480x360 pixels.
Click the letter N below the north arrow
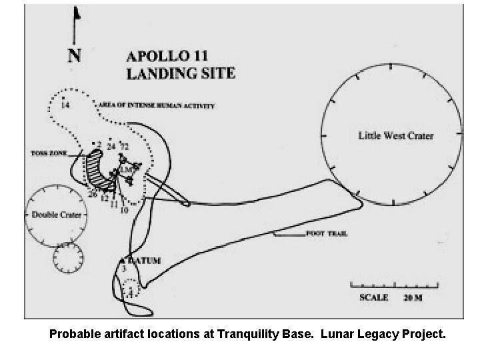point(75,55)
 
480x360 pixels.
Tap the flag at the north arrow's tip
point(77,13)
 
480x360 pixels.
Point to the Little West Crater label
point(396,135)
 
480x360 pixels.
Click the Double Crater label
point(57,215)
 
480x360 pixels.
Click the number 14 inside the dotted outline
point(65,105)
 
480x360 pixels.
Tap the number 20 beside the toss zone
point(93,194)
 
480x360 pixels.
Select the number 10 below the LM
point(124,210)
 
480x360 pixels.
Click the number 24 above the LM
point(111,146)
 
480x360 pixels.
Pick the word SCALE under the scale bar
point(373,297)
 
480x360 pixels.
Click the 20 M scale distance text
point(413,297)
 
